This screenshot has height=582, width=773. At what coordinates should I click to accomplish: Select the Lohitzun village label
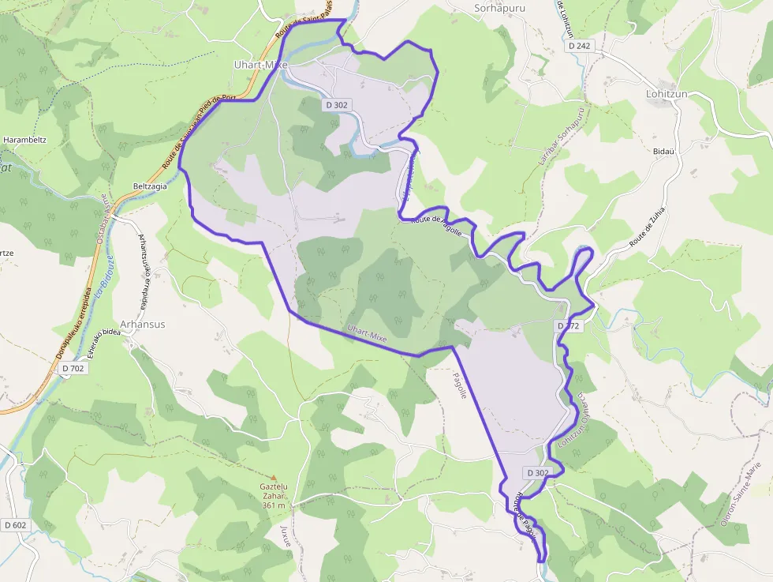click(x=667, y=93)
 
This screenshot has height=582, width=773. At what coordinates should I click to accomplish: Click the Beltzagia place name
click(x=150, y=186)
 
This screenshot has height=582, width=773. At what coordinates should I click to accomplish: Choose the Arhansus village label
click(x=142, y=324)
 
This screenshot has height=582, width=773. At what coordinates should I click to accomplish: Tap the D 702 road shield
click(x=72, y=368)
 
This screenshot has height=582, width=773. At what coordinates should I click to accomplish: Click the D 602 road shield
click(x=14, y=525)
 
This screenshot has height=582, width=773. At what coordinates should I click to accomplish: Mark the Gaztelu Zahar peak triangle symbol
click(x=274, y=478)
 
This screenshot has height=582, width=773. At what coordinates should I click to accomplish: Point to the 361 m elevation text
click(x=274, y=505)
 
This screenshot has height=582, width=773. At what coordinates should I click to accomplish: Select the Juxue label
click(x=286, y=536)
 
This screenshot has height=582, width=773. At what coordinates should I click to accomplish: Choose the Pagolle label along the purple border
click(x=460, y=385)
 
